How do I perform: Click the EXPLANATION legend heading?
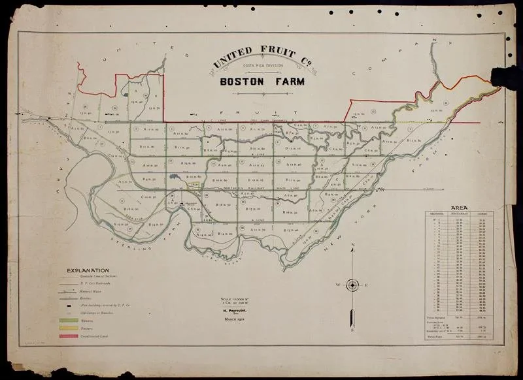[88, 270]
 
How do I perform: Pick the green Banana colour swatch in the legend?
[69, 321]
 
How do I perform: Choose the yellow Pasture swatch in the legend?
[69, 329]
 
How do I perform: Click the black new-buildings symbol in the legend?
[69, 304]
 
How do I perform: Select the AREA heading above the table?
[459, 208]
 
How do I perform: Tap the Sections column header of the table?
[437, 214]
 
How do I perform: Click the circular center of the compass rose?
[352, 285]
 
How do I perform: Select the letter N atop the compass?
[352, 246]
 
